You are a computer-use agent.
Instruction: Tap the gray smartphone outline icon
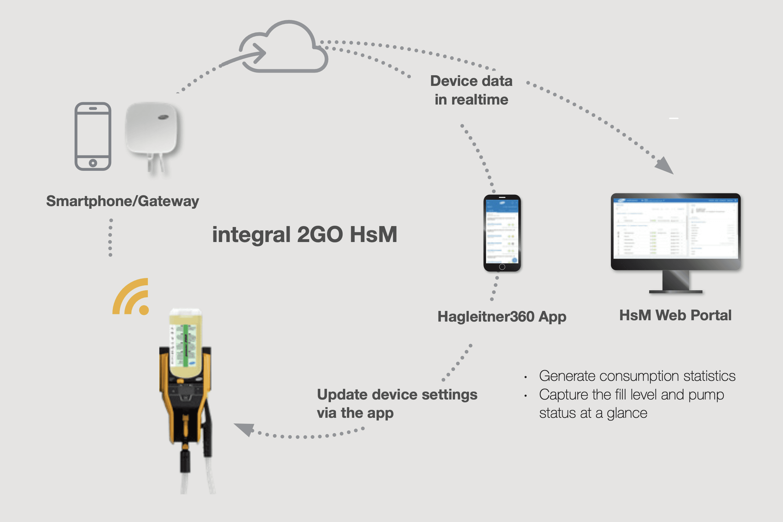pos(93,136)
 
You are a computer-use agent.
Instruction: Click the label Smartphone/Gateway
pos(123,201)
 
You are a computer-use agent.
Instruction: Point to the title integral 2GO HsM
pos(305,234)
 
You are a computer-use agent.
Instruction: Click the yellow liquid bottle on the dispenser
pos(186,343)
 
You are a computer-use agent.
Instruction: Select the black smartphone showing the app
pos(502,233)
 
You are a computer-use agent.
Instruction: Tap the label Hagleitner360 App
pos(502,317)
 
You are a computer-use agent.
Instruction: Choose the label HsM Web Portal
pos(675,315)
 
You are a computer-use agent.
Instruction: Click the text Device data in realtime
pos(471,90)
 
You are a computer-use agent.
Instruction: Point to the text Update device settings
pos(397,394)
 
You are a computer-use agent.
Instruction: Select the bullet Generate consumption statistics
pos(637,376)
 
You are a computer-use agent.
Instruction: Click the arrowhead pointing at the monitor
pos(665,166)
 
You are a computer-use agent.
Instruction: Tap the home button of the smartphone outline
pos(93,163)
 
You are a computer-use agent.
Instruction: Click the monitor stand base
pos(676,292)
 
